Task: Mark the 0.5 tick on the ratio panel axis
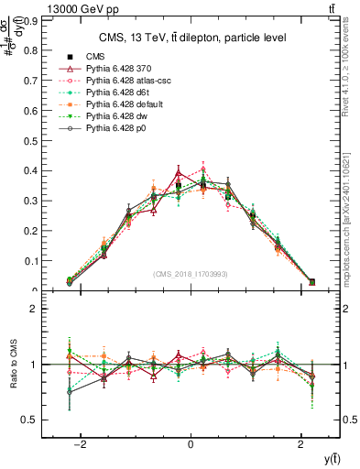click(x=43, y=420)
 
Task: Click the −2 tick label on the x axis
click(x=81, y=444)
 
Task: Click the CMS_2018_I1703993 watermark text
click(x=190, y=272)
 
